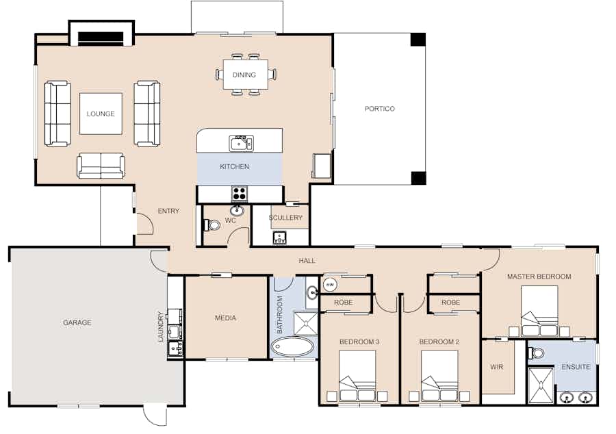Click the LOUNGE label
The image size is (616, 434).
[x=101, y=114]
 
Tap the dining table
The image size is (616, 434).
[x=246, y=75]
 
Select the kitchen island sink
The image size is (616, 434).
[x=241, y=143]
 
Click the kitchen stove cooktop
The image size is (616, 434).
[x=240, y=194]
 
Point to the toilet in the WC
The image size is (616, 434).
[x=213, y=225]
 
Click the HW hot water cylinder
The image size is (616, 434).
[x=330, y=284]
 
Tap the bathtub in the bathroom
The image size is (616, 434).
[x=293, y=347]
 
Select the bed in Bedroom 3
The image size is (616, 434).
[x=357, y=376]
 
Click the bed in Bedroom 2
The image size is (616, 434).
[x=439, y=376]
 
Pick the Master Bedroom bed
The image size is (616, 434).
[x=539, y=311]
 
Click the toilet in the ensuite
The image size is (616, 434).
[x=536, y=353]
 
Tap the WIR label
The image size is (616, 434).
[x=497, y=367]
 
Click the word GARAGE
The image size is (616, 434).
[x=77, y=322]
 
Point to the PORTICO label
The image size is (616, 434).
[x=379, y=109]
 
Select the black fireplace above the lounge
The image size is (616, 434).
[x=101, y=38]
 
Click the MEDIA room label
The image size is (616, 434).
[x=225, y=318]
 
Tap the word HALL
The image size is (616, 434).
[x=307, y=260]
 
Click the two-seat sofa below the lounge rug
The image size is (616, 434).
[x=101, y=166]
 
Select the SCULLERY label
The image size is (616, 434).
[x=285, y=217]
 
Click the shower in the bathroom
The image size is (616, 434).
[x=306, y=324]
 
